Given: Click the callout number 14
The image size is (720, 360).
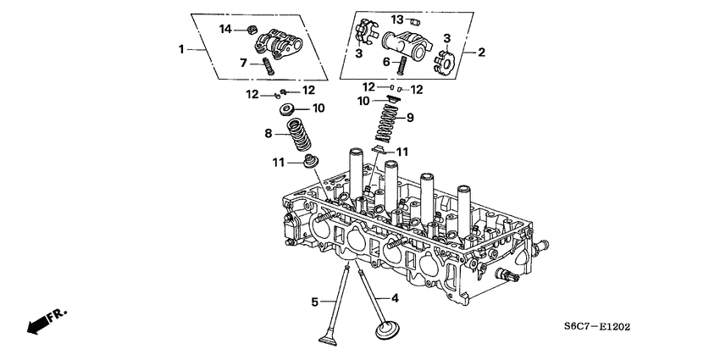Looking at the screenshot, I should pyautogui.click(x=226, y=30).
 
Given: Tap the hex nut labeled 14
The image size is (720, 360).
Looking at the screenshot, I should pyautogui.click(x=252, y=30).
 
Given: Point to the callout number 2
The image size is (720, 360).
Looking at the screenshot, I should pyautogui.click(x=481, y=53).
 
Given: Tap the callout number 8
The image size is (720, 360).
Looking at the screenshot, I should pyautogui.click(x=269, y=133).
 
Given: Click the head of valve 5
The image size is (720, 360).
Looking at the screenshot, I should pyautogui.click(x=326, y=340).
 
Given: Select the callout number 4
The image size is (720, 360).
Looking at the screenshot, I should pyautogui.click(x=394, y=298).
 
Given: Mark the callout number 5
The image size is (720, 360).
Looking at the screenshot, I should pyautogui.click(x=314, y=301).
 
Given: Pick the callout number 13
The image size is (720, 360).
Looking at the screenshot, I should pyautogui.click(x=397, y=19).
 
